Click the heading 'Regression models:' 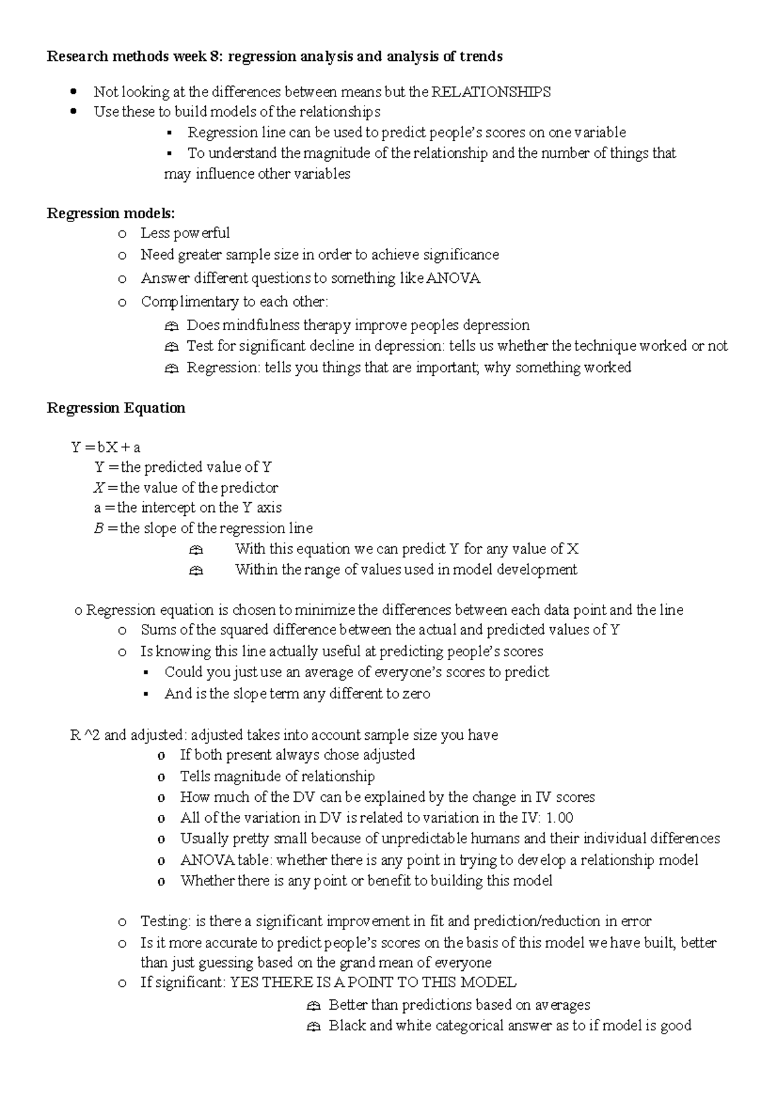(x=111, y=213)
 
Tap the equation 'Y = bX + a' (x=106, y=447)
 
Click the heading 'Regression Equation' (x=116, y=408)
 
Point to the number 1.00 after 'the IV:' (x=559, y=817)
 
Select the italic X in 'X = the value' (x=98, y=487)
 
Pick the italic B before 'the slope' (x=98, y=528)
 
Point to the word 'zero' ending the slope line (x=416, y=694)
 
